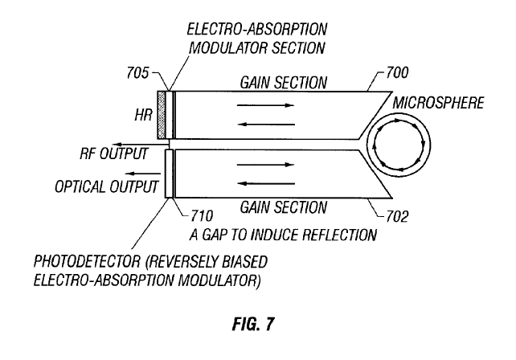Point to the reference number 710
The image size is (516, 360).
point(200,216)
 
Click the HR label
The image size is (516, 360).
point(141,115)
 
